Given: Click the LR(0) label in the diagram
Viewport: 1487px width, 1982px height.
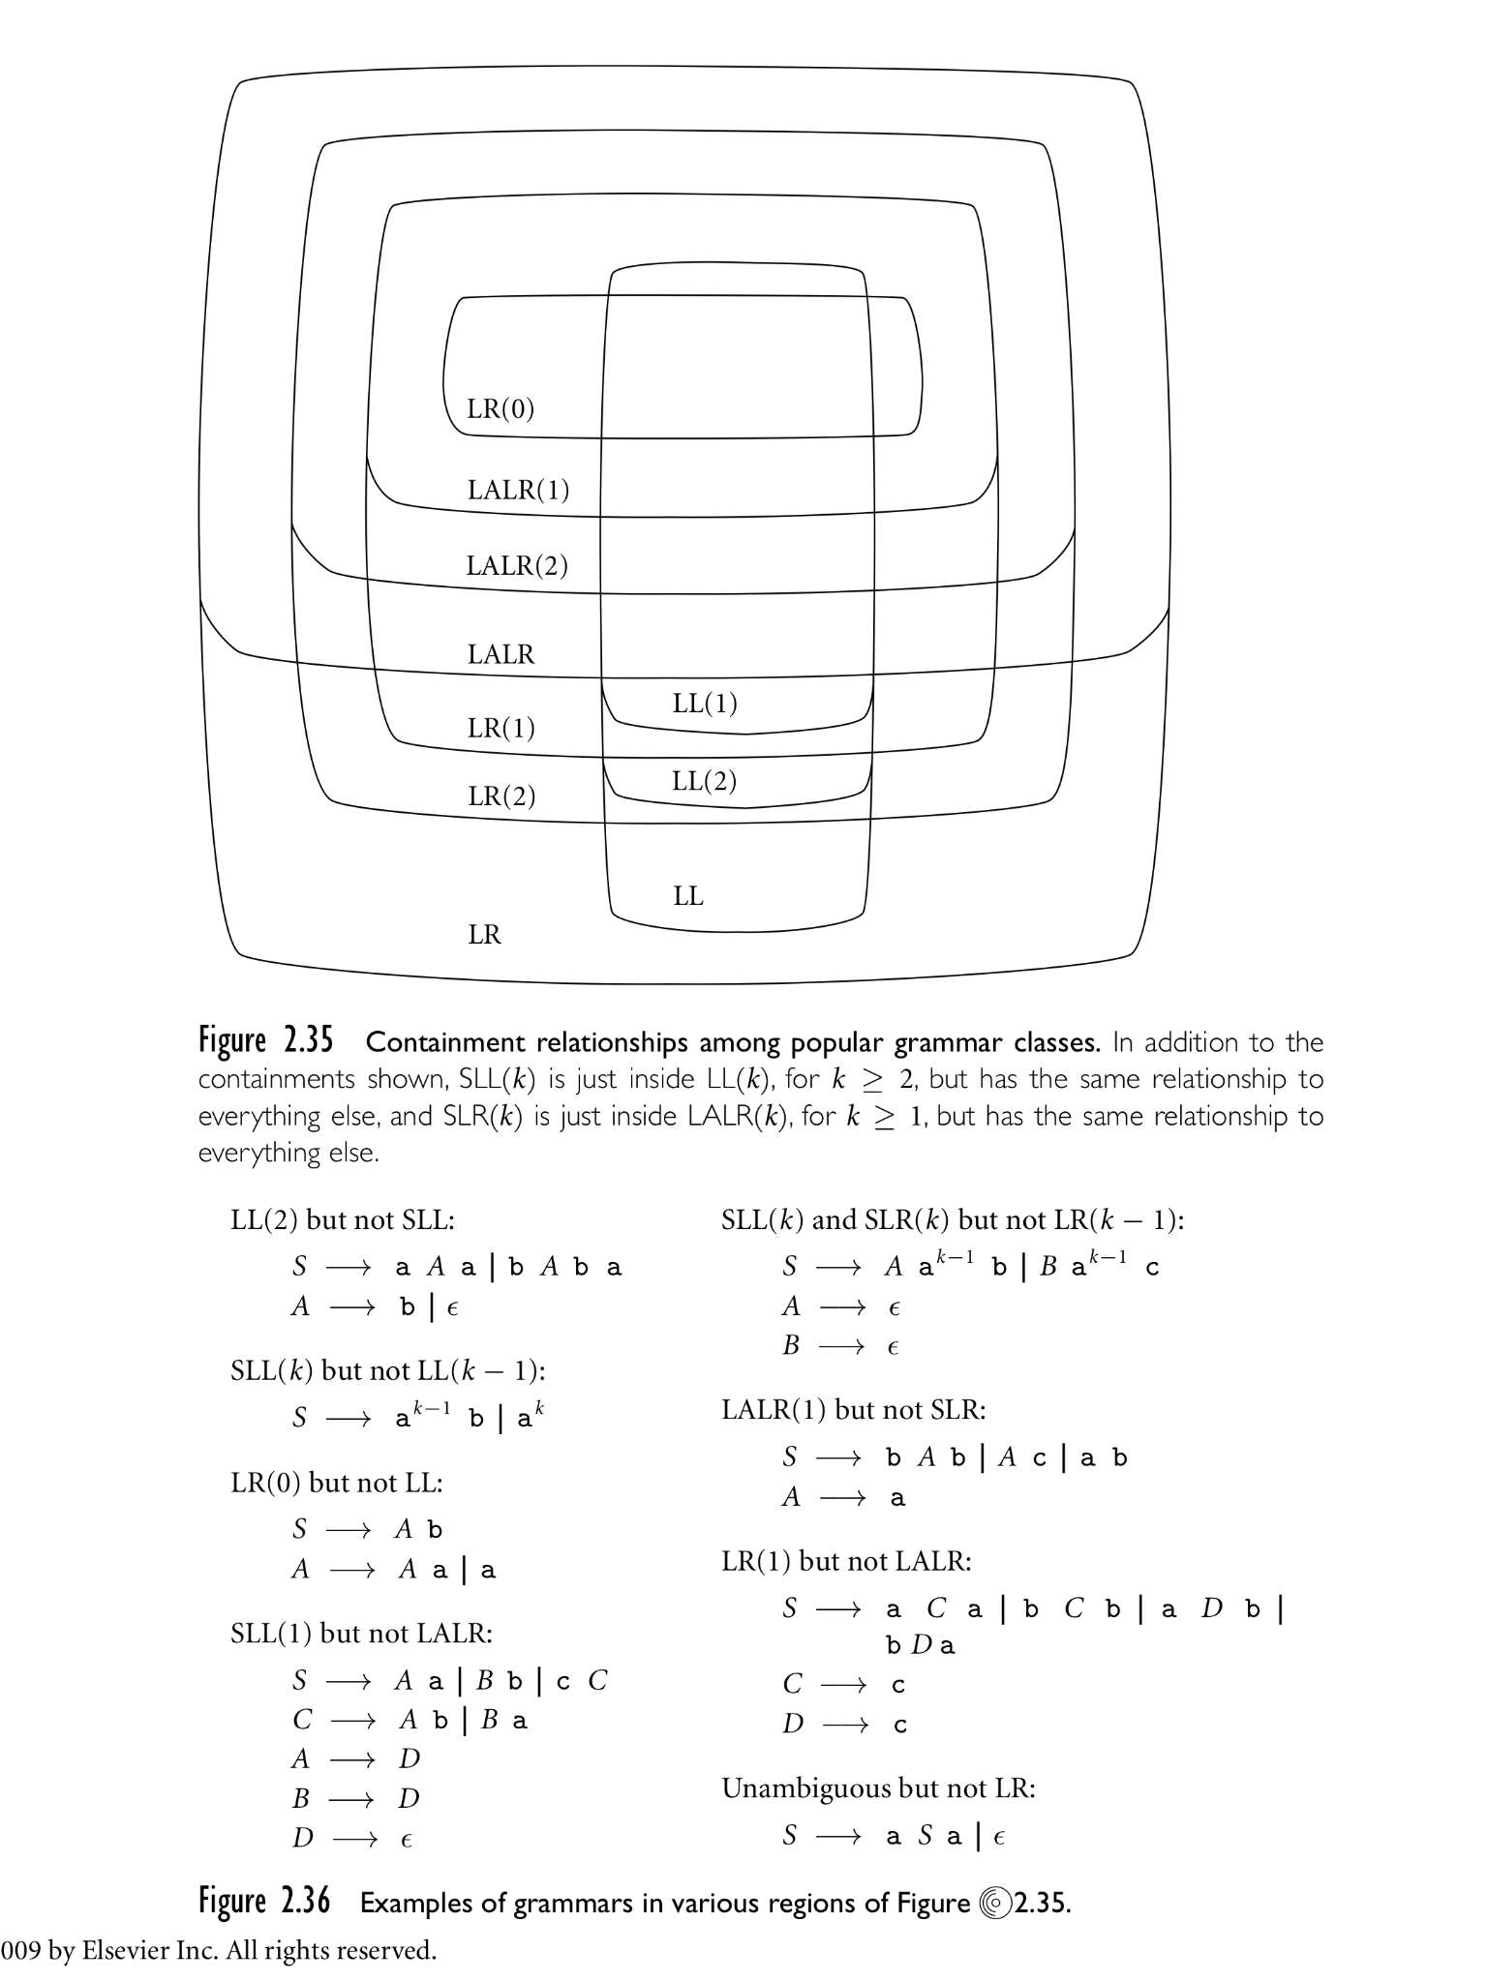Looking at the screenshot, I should (501, 408).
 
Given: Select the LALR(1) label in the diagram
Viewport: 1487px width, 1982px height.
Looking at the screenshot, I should (518, 490).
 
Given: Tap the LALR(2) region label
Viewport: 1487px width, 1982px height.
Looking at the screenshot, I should (517, 565).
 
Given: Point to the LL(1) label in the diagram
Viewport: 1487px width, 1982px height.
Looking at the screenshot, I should (705, 704).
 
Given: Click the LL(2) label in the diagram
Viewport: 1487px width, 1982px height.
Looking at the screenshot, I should (705, 781).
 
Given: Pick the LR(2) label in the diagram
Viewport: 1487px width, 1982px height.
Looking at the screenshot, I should (501, 796).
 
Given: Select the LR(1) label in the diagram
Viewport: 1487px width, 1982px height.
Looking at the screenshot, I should (501, 728).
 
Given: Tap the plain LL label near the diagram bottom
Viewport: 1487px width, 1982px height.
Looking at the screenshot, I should (688, 896).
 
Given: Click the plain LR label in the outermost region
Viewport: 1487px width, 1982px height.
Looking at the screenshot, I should (485, 935).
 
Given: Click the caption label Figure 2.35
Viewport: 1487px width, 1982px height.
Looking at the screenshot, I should (266, 1041).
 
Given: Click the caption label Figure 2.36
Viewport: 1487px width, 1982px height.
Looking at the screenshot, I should (264, 1902).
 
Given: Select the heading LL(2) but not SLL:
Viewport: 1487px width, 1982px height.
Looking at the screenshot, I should (343, 1219).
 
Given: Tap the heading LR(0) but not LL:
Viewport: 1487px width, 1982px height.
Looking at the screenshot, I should (337, 1483).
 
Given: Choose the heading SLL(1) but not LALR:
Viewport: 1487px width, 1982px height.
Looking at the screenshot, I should (362, 1634).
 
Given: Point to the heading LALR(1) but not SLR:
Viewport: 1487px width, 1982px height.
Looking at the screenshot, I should (854, 1410).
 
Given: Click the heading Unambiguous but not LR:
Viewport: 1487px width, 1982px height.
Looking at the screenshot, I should (879, 1788).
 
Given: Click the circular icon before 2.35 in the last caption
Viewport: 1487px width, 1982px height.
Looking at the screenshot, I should (993, 1904).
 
